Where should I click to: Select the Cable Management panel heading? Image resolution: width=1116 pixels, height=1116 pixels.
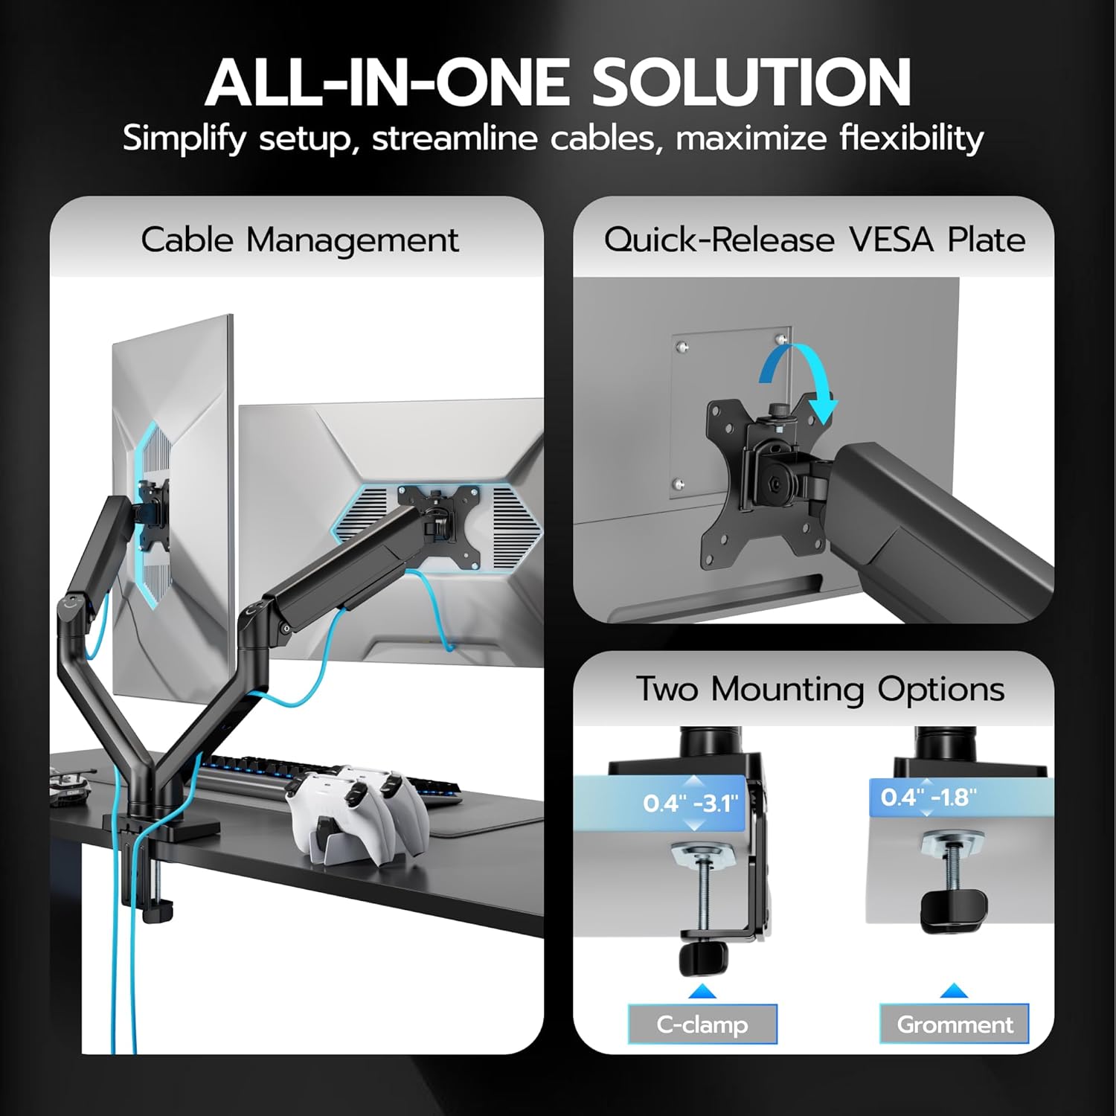point(300,240)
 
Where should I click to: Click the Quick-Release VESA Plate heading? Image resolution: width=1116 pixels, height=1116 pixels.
point(814,240)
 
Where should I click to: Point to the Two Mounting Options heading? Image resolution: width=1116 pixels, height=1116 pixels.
point(820,689)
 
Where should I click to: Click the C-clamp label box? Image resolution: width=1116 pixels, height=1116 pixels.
point(702,1024)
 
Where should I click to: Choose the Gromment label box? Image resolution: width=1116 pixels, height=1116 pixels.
point(954,1024)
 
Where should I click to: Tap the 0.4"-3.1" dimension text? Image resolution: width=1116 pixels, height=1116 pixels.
point(691,804)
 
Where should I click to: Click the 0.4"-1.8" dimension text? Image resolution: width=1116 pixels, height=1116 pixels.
point(929,798)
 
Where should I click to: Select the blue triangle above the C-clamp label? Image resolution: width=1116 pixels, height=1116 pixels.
point(702,991)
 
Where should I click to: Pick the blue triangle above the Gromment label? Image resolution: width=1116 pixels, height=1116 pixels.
point(954,990)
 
